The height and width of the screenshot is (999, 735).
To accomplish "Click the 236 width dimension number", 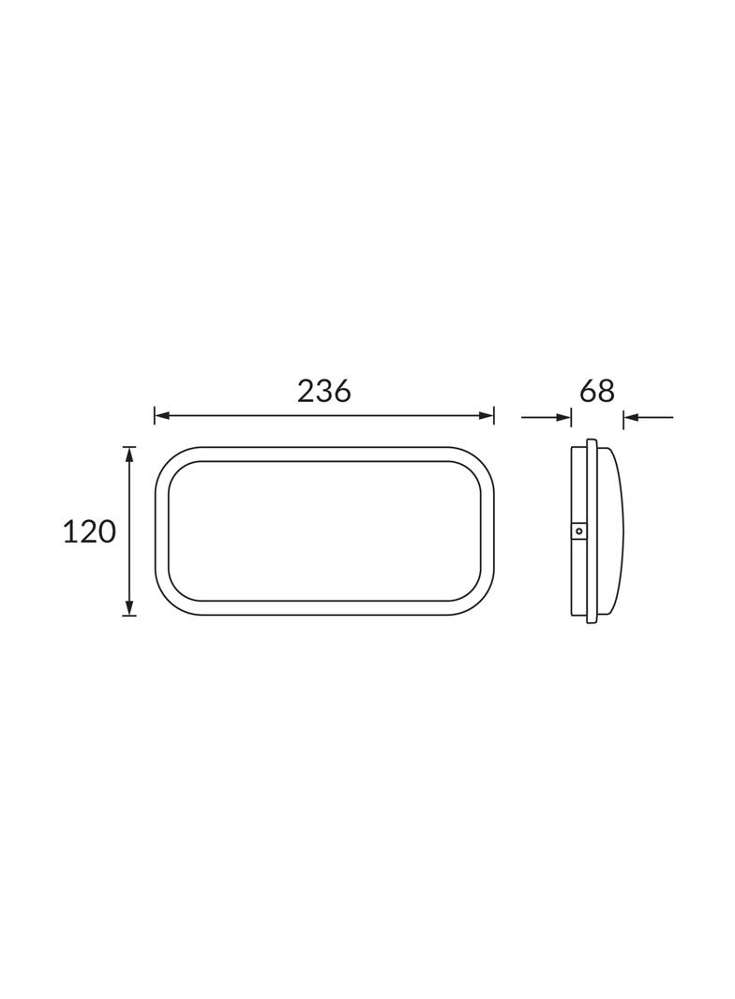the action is pos(323,391).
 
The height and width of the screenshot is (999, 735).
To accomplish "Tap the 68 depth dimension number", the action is pos(596,391).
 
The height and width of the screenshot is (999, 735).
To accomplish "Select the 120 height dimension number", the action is pos(89,531).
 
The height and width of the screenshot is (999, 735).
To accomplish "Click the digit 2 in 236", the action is pos(306,391).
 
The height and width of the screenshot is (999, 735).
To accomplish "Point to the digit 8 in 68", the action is pos(607,391).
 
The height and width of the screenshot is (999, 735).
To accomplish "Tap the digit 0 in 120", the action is pos(108,531).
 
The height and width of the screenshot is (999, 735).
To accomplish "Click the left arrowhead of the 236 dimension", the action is pos(161,417).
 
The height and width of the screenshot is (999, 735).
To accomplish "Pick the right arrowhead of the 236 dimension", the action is pos(487,417).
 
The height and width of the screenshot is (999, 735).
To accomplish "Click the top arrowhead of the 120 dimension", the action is pos(129,454).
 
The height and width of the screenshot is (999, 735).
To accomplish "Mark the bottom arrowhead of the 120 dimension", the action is pos(129,608).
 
